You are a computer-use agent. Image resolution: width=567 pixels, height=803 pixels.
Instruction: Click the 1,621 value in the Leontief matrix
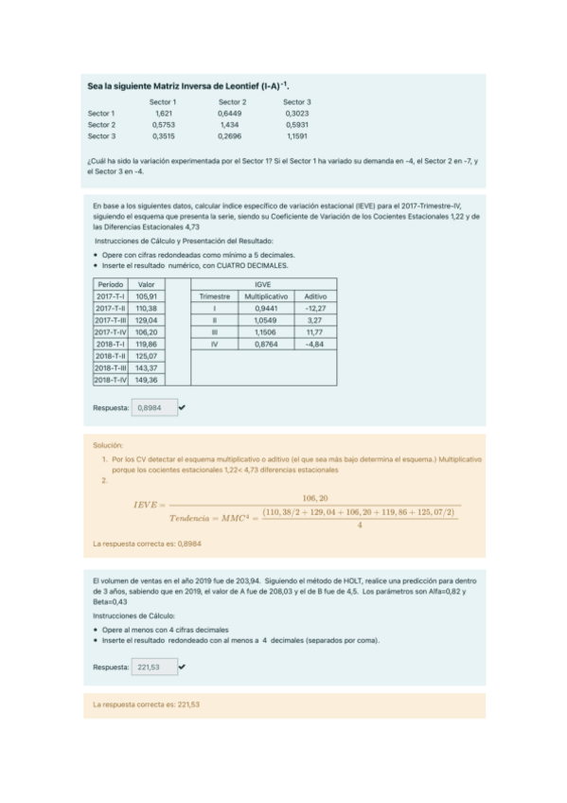(x=163, y=113)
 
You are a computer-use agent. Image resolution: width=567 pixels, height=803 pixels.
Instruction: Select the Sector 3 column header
(x=296, y=101)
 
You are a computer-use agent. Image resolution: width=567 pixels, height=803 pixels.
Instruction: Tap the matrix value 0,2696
(x=231, y=135)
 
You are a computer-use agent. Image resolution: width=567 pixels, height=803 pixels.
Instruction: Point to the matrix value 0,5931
(x=296, y=124)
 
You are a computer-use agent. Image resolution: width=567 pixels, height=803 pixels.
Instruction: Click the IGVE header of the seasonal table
(x=263, y=283)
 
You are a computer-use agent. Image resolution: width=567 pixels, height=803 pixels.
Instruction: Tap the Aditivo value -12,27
(x=315, y=308)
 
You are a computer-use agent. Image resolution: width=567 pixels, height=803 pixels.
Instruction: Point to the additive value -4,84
(x=315, y=345)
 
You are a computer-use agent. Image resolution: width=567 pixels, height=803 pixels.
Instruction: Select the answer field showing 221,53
(x=151, y=667)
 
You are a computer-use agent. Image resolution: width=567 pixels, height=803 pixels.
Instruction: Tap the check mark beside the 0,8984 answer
(x=182, y=407)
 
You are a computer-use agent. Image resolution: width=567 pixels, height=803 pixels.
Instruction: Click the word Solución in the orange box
(x=108, y=444)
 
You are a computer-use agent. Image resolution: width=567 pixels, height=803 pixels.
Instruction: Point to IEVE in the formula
(x=148, y=506)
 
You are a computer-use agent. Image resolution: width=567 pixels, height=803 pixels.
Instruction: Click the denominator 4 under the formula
(x=360, y=526)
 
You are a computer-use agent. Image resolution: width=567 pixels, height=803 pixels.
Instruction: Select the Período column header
(x=111, y=283)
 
